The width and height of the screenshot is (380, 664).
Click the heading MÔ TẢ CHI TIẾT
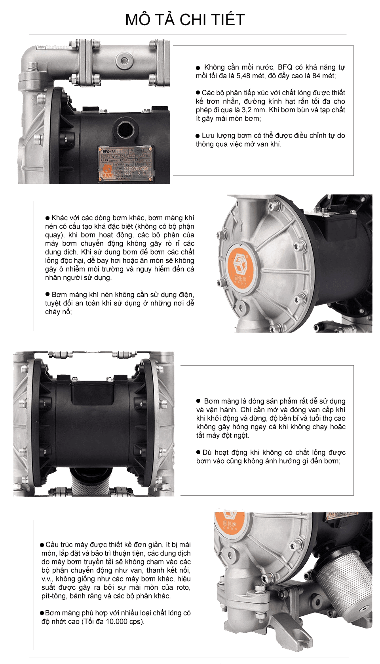pos(185,19)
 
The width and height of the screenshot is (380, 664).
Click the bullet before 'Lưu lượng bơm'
pos(198,136)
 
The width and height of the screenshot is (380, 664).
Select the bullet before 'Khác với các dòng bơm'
pos(47,218)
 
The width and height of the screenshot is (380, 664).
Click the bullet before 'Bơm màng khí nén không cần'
pos(47,294)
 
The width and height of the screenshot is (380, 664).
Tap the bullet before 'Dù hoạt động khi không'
pos(198,452)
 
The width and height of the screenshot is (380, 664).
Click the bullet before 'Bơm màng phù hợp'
pos(42,613)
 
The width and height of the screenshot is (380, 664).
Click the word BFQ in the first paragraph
pos(285,67)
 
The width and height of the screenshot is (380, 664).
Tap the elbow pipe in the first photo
pos(32,59)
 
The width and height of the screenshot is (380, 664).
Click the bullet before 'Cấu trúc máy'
pos(42,545)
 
